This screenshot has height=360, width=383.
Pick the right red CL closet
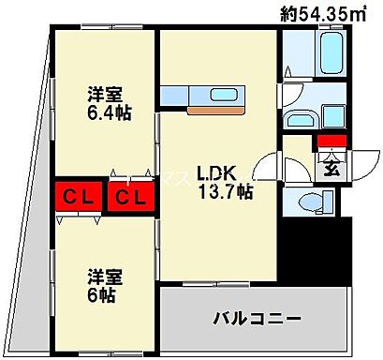pos(130,197)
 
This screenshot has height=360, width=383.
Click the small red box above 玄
pos(331,142)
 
